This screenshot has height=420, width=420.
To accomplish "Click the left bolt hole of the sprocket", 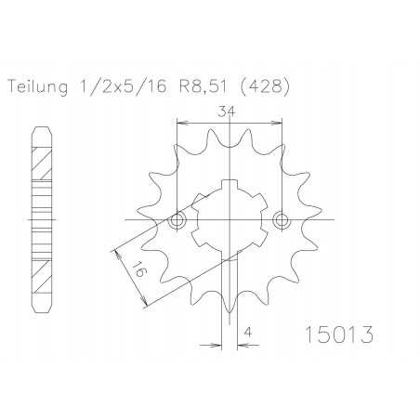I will [x=177, y=220].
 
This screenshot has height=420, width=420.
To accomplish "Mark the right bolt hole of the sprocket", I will [x=282, y=220].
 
